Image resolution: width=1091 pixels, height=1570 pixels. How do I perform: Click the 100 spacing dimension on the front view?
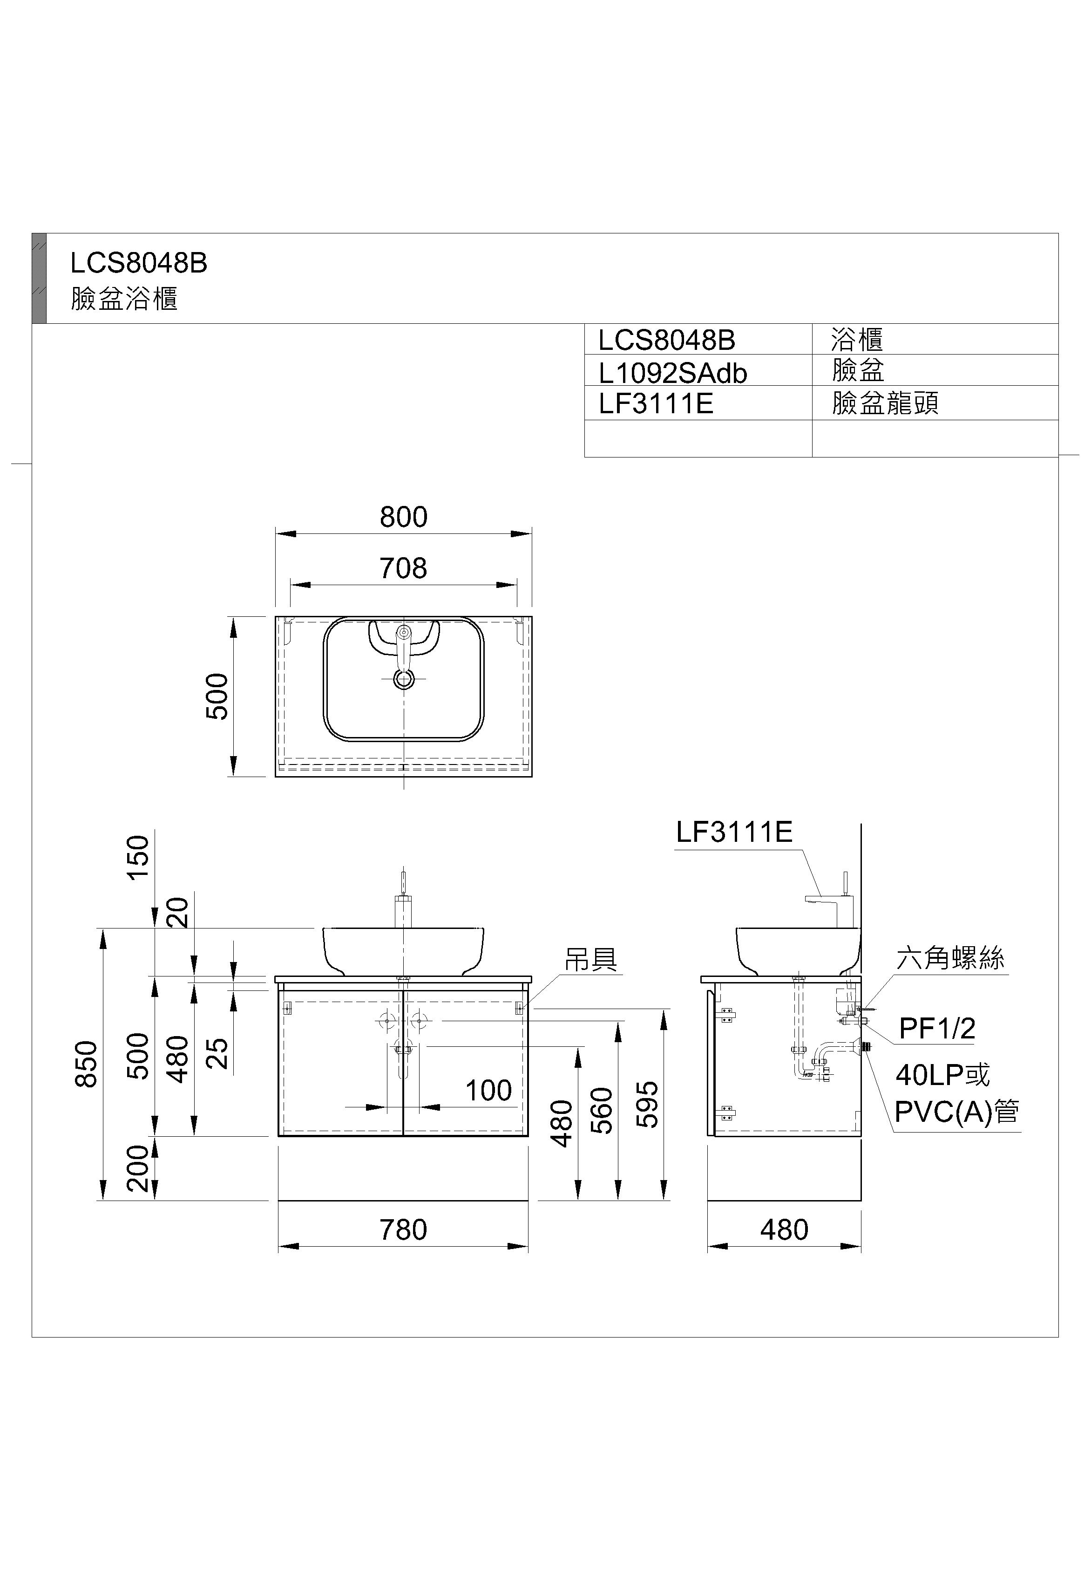point(488,1091)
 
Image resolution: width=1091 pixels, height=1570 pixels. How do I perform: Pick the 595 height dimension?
point(647,1104)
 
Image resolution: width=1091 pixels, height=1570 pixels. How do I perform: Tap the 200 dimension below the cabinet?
point(138,1168)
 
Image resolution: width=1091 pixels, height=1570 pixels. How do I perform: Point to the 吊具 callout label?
point(590,959)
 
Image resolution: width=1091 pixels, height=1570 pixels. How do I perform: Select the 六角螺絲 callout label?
point(950,959)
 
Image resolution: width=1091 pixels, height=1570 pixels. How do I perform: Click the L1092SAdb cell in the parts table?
point(673,373)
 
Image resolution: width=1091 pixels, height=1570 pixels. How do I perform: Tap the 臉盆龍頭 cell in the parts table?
point(885,403)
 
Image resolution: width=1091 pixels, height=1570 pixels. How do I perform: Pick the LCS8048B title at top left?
point(139,263)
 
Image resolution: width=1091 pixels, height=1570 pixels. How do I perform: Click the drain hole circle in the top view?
point(404,679)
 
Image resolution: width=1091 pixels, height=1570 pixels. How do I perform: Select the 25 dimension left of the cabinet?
point(217,1054)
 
